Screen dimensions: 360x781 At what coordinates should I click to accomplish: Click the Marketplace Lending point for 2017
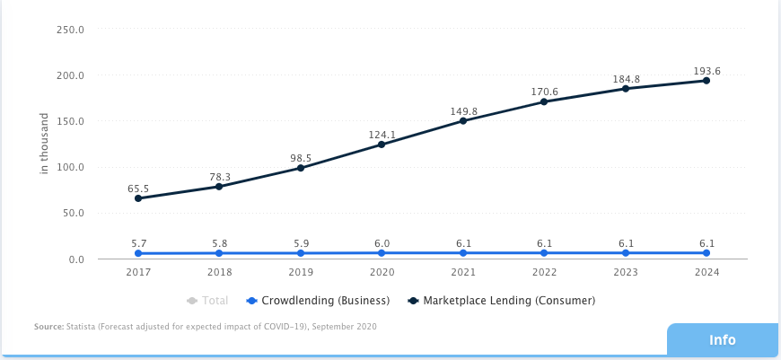[138, 198]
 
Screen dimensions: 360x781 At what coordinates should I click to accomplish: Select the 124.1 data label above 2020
[382, 136]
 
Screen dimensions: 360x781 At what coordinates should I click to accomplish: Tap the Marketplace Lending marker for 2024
[706, 81]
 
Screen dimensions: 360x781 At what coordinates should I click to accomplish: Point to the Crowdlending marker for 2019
[301, 253]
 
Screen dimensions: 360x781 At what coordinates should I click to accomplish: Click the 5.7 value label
[138, 242]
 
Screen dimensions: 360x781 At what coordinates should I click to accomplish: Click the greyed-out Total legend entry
[207, 301]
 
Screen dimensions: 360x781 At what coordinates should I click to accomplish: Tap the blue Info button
[722, 340]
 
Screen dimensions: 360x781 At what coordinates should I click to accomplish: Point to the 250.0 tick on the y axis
[70, 29]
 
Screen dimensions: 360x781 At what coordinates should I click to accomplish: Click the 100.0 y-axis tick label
[70, 167]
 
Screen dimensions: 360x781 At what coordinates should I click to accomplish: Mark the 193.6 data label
[706, 71]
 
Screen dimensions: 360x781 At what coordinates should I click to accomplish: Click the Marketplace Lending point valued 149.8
[463, 120]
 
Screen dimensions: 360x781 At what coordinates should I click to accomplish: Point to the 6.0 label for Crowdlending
[382, 242]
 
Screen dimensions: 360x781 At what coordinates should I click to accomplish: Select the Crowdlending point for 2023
[626, 253]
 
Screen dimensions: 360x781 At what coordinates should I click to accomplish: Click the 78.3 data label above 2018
[219, 177]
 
